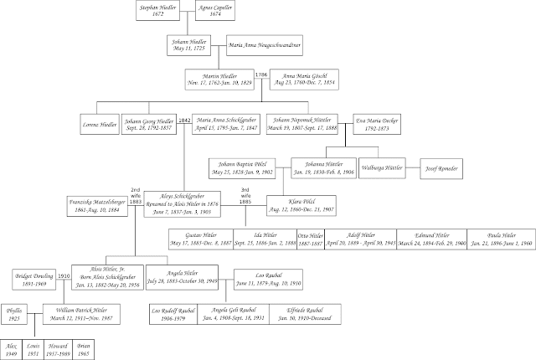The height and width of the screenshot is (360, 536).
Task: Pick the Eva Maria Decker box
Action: [x=384, y=123]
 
